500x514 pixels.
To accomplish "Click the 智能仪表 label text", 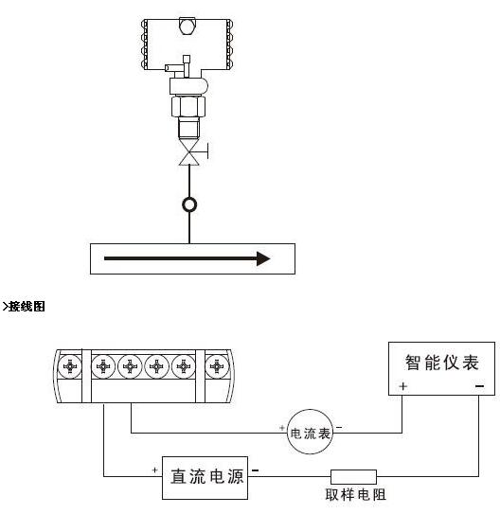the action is pyautogui.click(x=441, y=363).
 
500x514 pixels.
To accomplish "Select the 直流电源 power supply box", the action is pyautogui.click(x=205, y=478).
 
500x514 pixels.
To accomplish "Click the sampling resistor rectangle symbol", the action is pyautogui.click(x=353, y=477).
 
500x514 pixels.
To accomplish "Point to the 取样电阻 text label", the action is pyautogui.click(x=356, y=495).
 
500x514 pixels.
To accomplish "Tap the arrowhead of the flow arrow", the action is pyautogui.click(x=263, y=258).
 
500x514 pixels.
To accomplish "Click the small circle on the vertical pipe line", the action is pyautogui.click(x=189, y=204).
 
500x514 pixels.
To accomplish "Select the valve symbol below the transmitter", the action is pyautogui.click(x=190, y=151).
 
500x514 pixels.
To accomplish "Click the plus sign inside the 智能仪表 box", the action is pyautogui.click(x=403, y=386).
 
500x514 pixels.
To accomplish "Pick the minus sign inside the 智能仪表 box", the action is pyautogui.click(x=479, y=386).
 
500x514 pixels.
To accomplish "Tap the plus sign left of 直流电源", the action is pyautogui.click(x=154, y=470).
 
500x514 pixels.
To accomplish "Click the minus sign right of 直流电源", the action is pyautogui.click(x=255, y=470).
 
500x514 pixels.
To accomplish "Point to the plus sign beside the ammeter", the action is pyautogui.click(x=282, y=428).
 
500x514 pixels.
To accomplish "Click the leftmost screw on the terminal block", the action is pyautogui.click(x=70, y=366).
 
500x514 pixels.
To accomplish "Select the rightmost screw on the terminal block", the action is pyautogui.click(x=217, y=366).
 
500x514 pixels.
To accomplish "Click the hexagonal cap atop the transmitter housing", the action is pyautogui.click(x=187, y=26).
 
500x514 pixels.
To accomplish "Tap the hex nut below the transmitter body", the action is pyautogui.click(x=188, y=106).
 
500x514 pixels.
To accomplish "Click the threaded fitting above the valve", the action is pyautogui.click(x=188, y=128).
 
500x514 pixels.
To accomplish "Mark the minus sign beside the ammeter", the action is pyautogui.click(x=339, y=427).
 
